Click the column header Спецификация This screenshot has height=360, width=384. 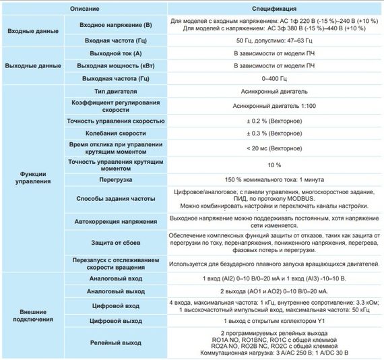click(x=274, y=10)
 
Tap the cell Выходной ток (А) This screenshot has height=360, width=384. click(x=115, y=53)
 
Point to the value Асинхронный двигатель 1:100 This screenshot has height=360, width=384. click(x=274, y=107)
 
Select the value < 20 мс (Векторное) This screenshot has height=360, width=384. click(x=274, y=148)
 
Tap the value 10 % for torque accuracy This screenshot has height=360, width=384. click(x=274, y=165)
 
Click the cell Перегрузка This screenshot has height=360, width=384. click(x=115, y=180)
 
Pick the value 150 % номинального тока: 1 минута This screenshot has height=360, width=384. click(x=274, y=180)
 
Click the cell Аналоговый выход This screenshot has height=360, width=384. click(x=115, y=291)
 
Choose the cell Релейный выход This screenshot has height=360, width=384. click(x=115, y=343)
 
